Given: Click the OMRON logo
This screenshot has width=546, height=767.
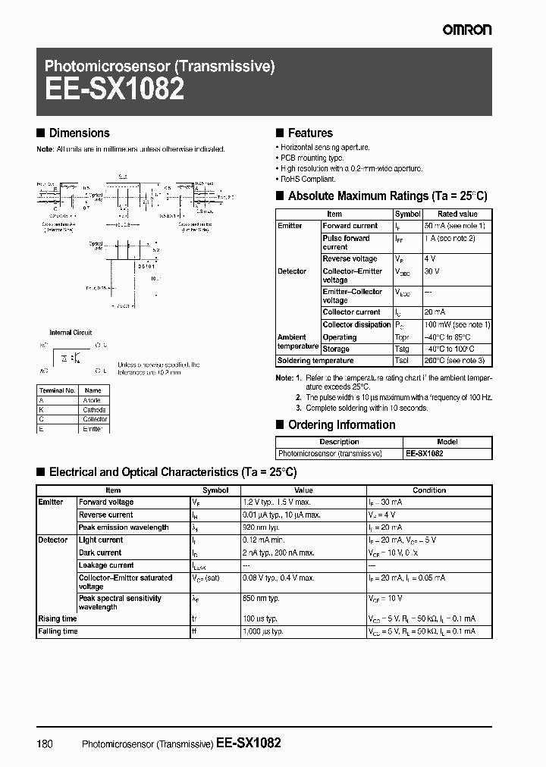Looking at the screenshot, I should [x=468, y=30].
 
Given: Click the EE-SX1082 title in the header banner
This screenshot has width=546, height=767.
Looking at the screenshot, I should [x=114, y=90].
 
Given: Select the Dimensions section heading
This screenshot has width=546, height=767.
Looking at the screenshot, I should [x=79, y=133].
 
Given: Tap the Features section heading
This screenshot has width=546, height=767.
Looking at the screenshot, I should [x=310, y=133].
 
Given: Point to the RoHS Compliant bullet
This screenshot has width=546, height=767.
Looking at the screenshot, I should [x=308, y=180].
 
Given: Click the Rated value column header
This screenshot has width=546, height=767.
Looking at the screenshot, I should [x=457, y=214].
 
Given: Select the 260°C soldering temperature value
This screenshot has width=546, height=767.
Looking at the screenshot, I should [x=454, y=361].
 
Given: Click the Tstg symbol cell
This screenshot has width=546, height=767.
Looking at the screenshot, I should [x=404, y=349].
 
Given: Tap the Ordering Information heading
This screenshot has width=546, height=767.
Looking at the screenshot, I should [x=341, y=425].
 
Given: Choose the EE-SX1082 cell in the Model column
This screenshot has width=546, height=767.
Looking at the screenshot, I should [x=425, y=453].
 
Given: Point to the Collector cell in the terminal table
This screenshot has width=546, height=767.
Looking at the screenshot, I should [x=95, y=419].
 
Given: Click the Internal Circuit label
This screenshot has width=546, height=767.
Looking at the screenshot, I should [x=71, y=332].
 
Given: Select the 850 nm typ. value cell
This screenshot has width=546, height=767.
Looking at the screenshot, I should [x=261, y=599].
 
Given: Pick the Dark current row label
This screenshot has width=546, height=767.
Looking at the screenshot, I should [x=100, y=553].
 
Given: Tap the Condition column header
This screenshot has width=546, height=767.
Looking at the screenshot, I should [x=429, y=490].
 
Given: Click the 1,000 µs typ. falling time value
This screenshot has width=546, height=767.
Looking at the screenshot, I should [x=262, y=631].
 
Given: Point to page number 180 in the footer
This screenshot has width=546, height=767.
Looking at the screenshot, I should [x=45, y=744].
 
